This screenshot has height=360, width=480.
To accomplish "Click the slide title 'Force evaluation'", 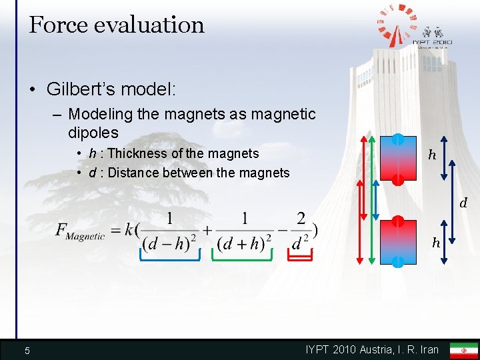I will (x=117, y=25).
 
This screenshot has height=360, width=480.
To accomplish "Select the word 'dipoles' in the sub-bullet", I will (x=93, y=133).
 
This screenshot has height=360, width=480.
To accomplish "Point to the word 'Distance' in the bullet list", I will (x=136, y=173).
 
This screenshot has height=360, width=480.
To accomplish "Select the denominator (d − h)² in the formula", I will (x=170, y=244).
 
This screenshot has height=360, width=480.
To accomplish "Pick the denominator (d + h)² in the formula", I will (x=245, y=244).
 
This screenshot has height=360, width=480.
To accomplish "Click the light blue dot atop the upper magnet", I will (x=397, y=139).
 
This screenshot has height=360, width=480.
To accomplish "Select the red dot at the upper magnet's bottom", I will (x=397, y=179).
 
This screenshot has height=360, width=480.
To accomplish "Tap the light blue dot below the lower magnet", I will (x=397, y=262).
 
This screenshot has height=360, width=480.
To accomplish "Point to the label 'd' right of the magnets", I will (x=464, y=202).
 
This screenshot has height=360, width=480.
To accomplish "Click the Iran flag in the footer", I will (x=463, y=350).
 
